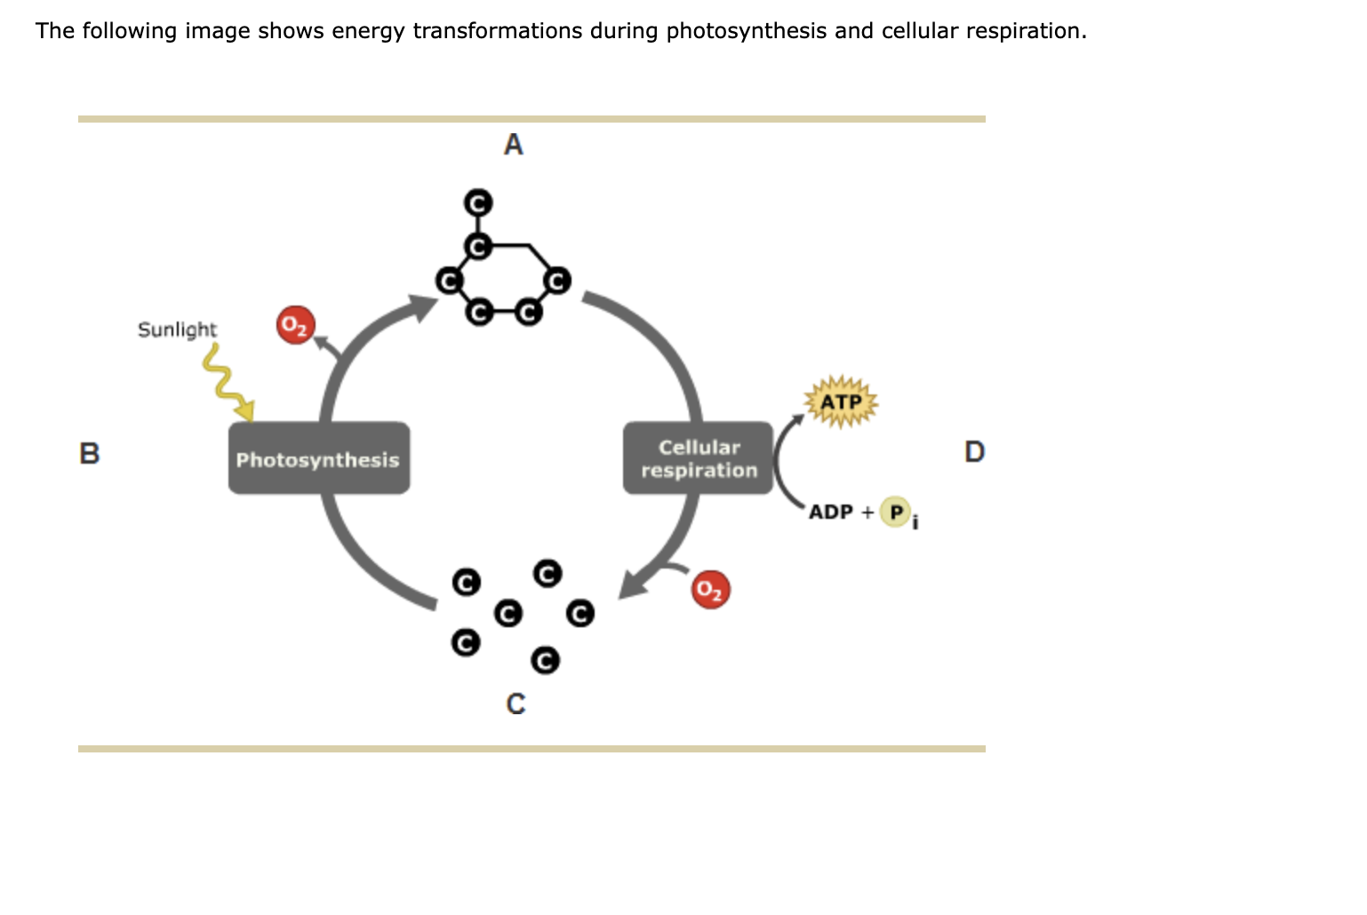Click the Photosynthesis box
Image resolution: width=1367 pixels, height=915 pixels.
click(318, 458)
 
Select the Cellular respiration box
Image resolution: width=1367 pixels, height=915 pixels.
click(699, 458)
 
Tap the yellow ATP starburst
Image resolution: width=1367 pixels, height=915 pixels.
click(841, 402)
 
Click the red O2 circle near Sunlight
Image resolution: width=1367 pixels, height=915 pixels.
click(295, 326)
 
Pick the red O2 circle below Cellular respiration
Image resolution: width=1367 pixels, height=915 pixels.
click(710, 589)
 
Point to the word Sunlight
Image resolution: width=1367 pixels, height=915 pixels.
click(177, 330)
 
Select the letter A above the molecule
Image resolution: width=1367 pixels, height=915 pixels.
click(514, 145)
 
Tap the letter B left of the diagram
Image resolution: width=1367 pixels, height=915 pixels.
click(90, 453)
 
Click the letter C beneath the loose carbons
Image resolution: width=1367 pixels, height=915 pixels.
click(516, 704)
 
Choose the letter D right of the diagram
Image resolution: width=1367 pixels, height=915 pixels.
click(974, 452)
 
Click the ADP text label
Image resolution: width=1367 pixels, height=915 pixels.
click(830, 513)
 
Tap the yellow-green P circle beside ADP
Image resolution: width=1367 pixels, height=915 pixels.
click(896, 512)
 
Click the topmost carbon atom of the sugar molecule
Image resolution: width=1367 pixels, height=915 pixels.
click(478, 203)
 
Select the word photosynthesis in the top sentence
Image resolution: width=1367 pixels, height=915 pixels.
click(746, 31)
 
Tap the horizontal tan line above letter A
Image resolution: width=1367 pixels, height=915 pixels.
click(532, 119)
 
